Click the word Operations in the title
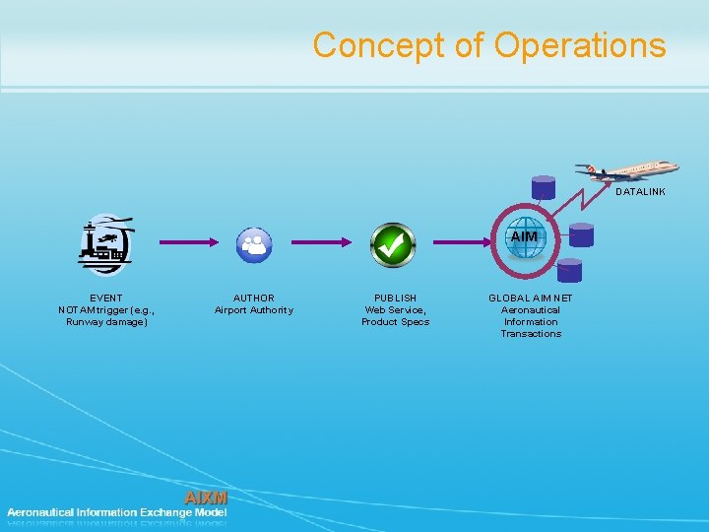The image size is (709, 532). click(x=580, y=45)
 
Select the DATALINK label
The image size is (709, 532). click(x=640, y=192)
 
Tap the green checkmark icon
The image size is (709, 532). click(x=392, y=243)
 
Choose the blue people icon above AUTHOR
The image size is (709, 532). click(x=254, y=244)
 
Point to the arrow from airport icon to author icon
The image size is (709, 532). click(x=187, y=241)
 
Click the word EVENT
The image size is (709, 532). click(x=105, y=298)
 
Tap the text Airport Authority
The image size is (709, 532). click(x=253, y=310)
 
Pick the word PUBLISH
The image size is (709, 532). click(x=395, y=298)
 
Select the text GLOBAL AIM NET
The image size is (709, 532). click(x=530, y=298)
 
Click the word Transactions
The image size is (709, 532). click(x=530, y=334)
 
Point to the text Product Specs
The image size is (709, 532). click(x=395, y=322)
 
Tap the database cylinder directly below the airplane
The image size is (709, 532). click(x=543, y=187)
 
